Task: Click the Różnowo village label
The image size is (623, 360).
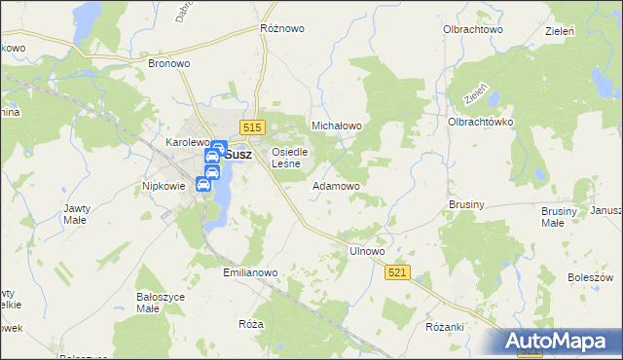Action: pos(281,28)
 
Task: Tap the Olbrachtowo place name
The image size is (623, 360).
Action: pos(472,29)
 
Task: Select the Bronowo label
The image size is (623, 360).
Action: pos(167,63)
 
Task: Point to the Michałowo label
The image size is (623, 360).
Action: pos(336,126)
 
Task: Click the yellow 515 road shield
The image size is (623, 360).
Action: pos(253,127)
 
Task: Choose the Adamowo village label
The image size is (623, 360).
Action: pos(337,185)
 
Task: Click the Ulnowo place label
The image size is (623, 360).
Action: pos(367,251)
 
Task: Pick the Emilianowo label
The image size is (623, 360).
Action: pos(251,273)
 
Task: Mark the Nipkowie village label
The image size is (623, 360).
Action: pos(164,185)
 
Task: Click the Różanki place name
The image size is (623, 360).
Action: pos(445,327)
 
